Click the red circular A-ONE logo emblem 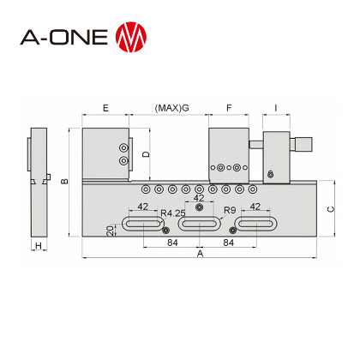pyautogui.click(x=131, y=37)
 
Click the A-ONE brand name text pyautogui.click(x=64, y=37)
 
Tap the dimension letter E pyautogui.click(x=105, y=108)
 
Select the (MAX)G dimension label pyautogui.click(x=172, y=108)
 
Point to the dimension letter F pyautogui.click(x=229, y=108)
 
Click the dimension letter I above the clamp pyautogui.click(x=276, y=108)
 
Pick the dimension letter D pyautogui.click(x=146, y=154)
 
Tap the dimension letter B pyautogui.click(x=65, y=181)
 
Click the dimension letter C pyautogui.click(x=330, y=209)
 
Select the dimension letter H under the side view pyautogui.click(x=39, y=245)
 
